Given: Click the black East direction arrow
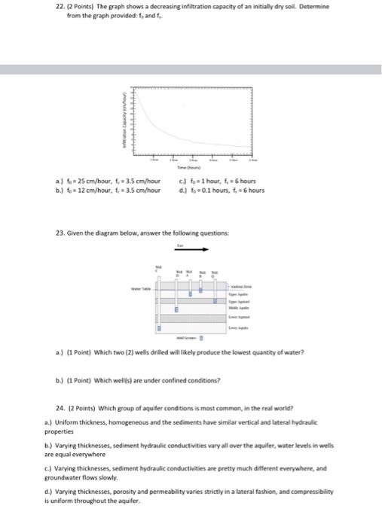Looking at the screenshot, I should coord(193,252).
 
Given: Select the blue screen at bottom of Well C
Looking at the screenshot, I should coord(159,329).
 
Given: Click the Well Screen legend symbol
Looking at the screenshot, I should coord(201,338).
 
